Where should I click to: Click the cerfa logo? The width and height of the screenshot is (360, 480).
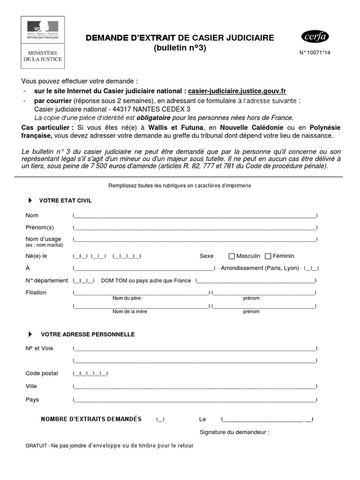click(315, 37)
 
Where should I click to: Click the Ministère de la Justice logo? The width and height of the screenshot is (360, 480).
click(43, 42)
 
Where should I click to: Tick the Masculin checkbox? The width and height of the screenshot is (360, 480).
click(232, 256)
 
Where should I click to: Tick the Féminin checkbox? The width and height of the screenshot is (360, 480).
click(268, 256)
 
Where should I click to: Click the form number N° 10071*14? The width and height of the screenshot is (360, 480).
click(315, 53)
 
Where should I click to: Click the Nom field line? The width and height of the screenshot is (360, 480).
click(195, 216)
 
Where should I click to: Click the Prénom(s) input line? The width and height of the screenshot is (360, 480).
click(195, 228)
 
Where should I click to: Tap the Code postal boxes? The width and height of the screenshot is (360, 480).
click(90, 374)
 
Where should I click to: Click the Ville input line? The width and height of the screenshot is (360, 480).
click(195, 387)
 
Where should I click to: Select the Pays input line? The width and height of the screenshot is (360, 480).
click(195, 400)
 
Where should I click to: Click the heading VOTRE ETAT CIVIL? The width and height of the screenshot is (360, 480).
click(66, 201)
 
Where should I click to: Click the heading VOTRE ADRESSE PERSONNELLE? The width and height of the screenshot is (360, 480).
click(88, 335)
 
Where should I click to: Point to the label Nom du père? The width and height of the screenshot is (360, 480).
click(127, 298)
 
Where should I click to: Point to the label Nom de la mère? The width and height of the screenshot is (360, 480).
click(128, 311)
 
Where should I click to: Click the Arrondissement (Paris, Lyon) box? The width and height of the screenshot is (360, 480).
click(311, 269)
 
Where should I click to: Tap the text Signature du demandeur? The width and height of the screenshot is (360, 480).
click(234, 432)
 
